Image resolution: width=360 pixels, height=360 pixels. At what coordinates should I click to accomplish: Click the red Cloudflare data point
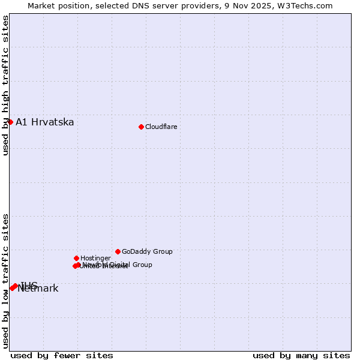click(141, 127)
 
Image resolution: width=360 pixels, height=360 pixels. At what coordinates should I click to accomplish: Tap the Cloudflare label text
click(161, 127)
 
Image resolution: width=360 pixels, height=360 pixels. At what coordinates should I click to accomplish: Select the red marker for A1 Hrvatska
click(10, 122)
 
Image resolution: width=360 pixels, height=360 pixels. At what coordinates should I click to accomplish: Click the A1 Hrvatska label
click(45, 122)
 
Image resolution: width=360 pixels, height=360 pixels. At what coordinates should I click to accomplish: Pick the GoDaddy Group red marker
click(118, 251)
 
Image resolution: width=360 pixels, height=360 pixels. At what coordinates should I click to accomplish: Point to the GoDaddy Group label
click(147, 252)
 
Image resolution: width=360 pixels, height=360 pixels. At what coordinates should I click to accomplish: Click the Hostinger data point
click(76, 258)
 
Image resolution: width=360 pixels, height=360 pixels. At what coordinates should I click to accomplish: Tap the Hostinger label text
click(95, 259)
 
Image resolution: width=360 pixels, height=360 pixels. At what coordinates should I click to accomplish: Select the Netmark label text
click(38, 289)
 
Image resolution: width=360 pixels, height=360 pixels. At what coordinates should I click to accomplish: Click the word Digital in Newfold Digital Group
click(121, 265)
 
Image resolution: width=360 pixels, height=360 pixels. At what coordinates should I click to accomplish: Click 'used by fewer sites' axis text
click(62, 356)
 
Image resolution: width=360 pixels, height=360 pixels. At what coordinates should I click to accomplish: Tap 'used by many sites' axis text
click(301, 356)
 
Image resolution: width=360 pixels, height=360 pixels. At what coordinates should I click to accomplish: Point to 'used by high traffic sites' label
click(5, 85)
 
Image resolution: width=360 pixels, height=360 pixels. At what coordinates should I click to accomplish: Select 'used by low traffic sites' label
click(5, 280)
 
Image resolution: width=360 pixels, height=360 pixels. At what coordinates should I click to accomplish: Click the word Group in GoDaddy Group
click(162, 252)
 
